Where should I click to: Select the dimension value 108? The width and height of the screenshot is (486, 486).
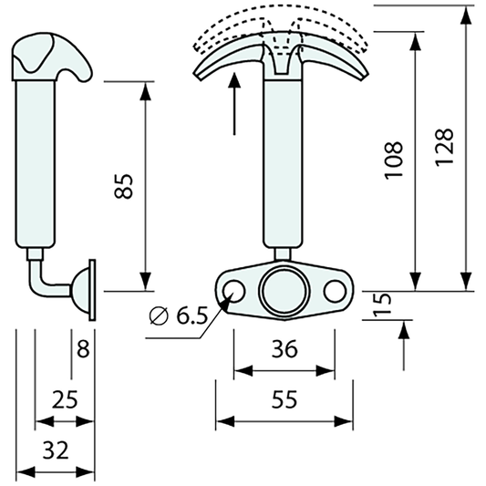point(394,160)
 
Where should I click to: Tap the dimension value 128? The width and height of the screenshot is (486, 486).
point(445,146)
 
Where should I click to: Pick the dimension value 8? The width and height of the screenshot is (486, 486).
point(84,348)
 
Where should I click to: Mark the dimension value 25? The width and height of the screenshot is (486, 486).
point(64,398)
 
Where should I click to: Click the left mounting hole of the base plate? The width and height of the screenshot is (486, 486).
point(234,291)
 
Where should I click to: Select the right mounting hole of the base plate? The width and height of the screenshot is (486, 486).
point(334,291)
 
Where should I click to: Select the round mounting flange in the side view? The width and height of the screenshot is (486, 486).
point(92,290)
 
